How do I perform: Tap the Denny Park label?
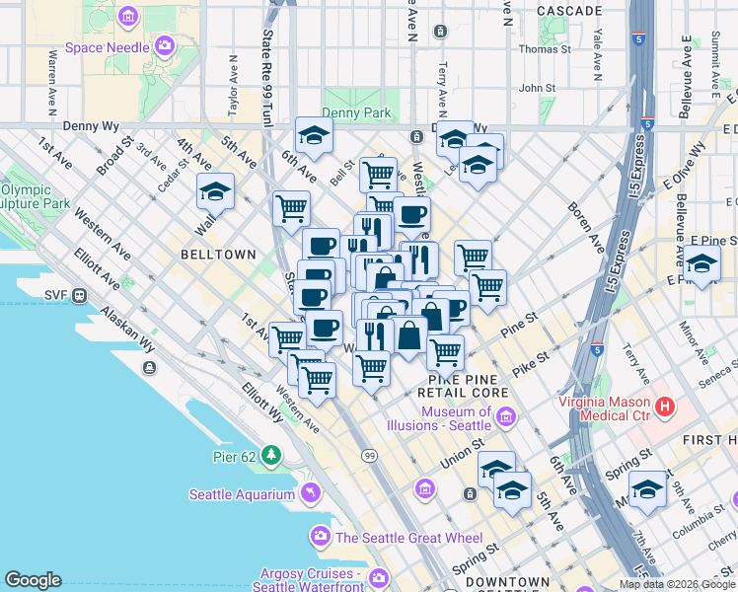(x=356, y=113)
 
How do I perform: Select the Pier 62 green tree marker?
(x=267, y=455)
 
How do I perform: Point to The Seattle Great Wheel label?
(x=408, y=538)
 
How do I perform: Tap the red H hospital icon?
(x=665, y=405)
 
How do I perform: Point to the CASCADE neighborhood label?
(x=569, y=11)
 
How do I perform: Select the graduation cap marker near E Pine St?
(x=702, y=263)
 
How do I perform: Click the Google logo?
(x=33, y=580)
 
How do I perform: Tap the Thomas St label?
(x=545, y=48)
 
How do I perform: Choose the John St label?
(x=538, y=88)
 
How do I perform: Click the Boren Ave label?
(x=586, y=224)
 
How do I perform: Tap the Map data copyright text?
(x=677, y=584)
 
